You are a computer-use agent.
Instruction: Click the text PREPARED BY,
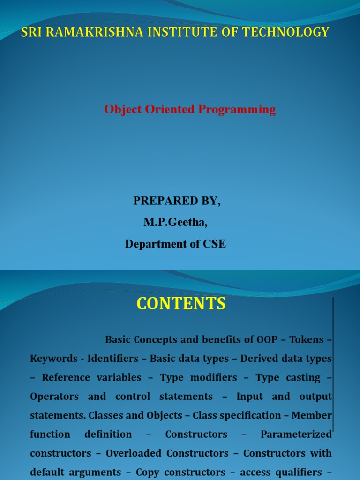pyautogui.click(x=177, y=201)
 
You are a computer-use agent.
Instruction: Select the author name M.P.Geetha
pyautogui.click(x=175, y=223)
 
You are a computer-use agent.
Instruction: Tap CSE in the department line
pyautogui.click(x=215, y=244)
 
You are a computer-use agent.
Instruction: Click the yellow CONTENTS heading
pyautogui.click(x=181, y=304)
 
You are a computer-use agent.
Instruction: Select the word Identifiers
pyautogui.click(x=108, y=359)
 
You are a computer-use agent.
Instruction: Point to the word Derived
pyautogui.click(x=262, y=359)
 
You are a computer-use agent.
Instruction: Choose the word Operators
pyautogui.click(x=54, y=397)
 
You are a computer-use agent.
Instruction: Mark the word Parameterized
pyautogui.click(x=296, y=435)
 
